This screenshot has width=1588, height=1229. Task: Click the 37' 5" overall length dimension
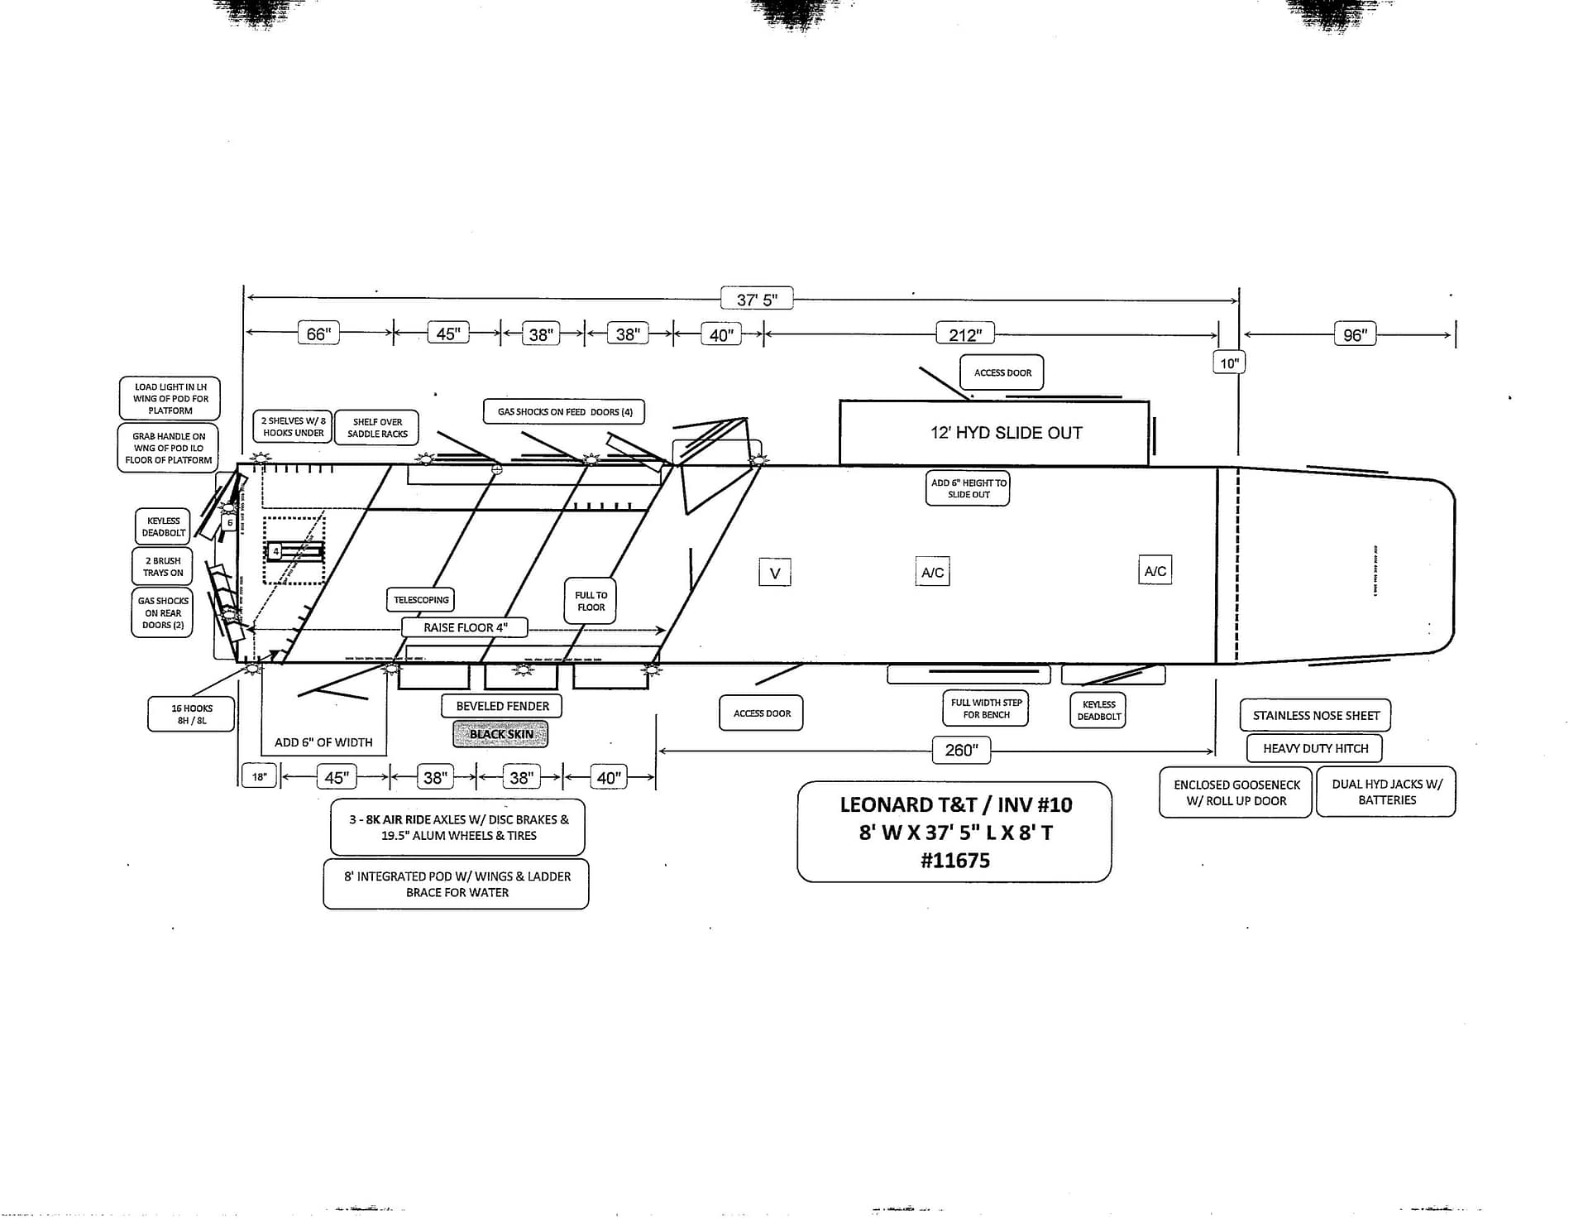pyautogui.click(x=756, y=299)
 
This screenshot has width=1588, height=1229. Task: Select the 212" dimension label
pyautogui.click(x=964, y=334)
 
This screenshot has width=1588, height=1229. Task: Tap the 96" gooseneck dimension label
pyautogui.click(x=1354, y=334)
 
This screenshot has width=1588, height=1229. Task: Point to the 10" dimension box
pyautogui.click(x=1229, y=362)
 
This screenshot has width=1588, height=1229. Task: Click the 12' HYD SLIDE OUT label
pyautogui.click(x=1006, y=432)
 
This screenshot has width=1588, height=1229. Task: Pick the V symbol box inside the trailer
pyautogui.click(x=775, y=572)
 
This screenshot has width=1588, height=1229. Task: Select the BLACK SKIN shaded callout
pyautogui.click(x=500, y=733)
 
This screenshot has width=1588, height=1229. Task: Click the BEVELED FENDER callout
pyautogui.click(x=502, y=705)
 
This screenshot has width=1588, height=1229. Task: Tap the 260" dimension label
pyautogui.click(x=961, y=749)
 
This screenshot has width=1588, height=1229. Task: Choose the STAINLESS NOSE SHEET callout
pyautogui.click(x=1315, y=714)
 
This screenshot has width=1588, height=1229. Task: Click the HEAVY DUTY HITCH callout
pyautogui.click(x=1315, y=747)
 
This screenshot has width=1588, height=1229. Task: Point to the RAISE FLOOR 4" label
pyautogui.click(x=465, y=627)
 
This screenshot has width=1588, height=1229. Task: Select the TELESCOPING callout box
pyautogui.click(x=421, y=599)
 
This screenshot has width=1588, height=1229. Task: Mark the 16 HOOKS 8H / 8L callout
pyautogui.click(x=191, y=713)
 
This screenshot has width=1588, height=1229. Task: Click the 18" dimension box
pyautogui.click(x=259, y=775)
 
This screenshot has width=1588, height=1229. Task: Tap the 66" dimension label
pyautogui.click(x=318, y=333)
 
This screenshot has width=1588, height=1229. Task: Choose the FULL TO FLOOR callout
pyautogui.click(x=591, y=600)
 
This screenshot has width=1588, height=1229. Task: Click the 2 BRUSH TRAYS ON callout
pyautogui.click(x=162, y=566)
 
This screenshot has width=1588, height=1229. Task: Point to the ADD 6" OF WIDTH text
pyautogui.click(x=323, y=742)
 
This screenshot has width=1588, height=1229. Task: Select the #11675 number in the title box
pyautogui.click(x=954, y=860)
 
